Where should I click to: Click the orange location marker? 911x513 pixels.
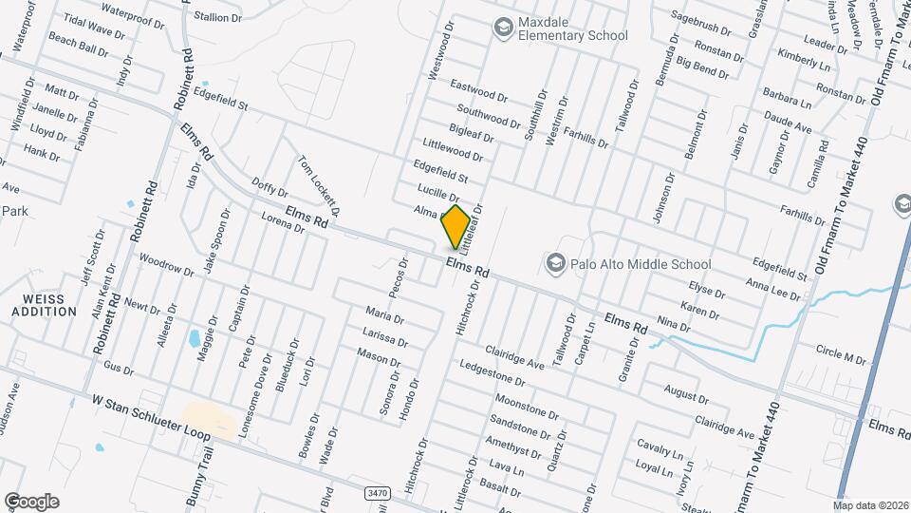pyautogui.click(x=455, y=226)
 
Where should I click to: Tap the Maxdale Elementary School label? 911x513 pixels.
pyautogui.click(x=572, y=28)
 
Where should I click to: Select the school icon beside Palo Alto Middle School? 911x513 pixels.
pyautogui.click(x=555, y=262)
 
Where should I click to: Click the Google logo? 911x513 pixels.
pyautogui.click(x=31, y=501)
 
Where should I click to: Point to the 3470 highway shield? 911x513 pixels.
pyautogui.click(x=376, y=492)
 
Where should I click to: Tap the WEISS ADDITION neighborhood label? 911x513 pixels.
pyautogui.click(x=44, y=305)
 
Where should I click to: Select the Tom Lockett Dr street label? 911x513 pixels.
pyautogui.click(x=320, y=185)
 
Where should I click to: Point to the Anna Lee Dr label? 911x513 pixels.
pyautogui.click(x=772, y=288)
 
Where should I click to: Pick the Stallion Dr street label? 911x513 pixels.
pyautogui.click(x=218, y=16)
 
